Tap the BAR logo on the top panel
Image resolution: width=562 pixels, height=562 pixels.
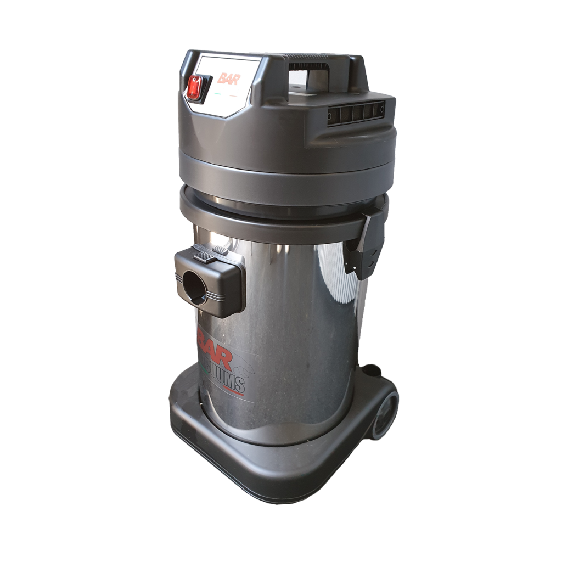point(227,78)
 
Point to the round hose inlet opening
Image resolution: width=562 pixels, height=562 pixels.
point(195,288)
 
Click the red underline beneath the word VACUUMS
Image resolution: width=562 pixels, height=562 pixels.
point(231,391)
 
